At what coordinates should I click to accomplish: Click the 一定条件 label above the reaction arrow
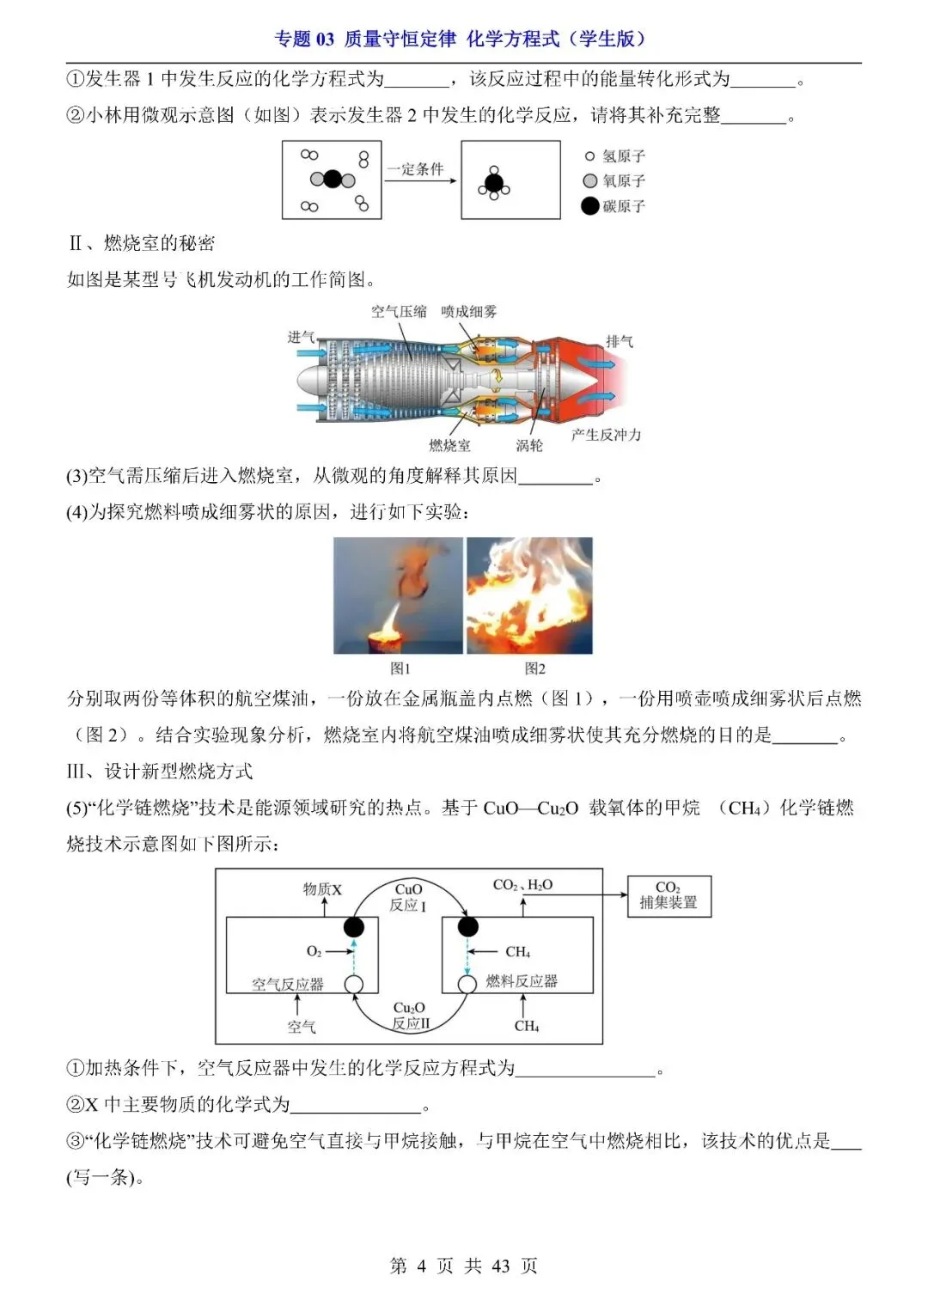click(x=415, y=169)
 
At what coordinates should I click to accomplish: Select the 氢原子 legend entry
click(x=615, y=156)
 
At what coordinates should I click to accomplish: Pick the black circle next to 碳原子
click(x=589, y=206)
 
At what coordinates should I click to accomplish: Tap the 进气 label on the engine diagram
click(x=301, y=337)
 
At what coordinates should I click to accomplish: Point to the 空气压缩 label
click(x=399, y=311)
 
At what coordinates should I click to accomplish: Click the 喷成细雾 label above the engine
click(x=468, y=311)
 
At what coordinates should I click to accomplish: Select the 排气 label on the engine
click(x=620, y=341)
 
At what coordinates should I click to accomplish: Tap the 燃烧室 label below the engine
click(x=449, y=445)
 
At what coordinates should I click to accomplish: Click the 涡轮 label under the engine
click(x=529, y=445)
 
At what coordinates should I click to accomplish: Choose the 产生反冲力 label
click(x=606, y=435)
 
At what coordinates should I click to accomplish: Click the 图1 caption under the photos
click(x=400, y=668)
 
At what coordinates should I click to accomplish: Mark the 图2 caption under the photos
click(x=534, y=668)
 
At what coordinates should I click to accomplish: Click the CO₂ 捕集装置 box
click(x=669, y=895)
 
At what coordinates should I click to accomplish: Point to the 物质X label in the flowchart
click(x=322, y=889)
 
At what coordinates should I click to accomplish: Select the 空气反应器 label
click(x=288, y=985)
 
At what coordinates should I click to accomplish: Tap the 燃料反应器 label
click(x=522, y=981)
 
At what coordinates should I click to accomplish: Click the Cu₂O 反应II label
click(x=410, y=1016)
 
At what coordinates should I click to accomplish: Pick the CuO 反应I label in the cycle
click(x=409, y=897)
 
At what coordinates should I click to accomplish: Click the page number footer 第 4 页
click(x=463, y=1266)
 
